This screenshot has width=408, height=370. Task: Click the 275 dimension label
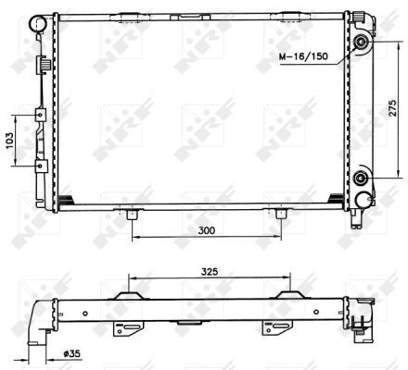tap(392, 107)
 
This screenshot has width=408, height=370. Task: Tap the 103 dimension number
tap(9, 141)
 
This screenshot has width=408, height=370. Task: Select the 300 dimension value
tap(207, 230)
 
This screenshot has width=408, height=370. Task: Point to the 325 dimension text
tap(210, 272)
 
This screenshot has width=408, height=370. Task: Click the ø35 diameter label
tap(71, 353)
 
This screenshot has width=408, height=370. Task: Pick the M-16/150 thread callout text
tap(303, 56)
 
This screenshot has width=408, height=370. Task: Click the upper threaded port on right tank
tap(361, 43)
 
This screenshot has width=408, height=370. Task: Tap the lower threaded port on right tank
tap(360, 178)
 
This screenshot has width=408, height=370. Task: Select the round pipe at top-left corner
tap(38, 23)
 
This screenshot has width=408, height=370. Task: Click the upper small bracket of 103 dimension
tap(41, 115)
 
